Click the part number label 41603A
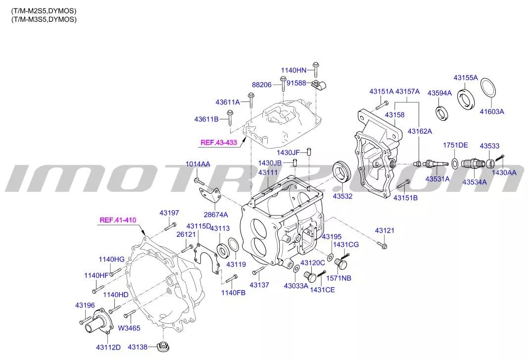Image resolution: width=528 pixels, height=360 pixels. [491, 112]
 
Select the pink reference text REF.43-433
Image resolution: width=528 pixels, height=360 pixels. [219, 143]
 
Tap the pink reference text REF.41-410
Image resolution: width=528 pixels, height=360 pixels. [118, 220]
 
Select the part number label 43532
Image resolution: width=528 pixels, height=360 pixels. [342, 197]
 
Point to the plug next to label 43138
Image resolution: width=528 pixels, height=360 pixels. [161, 347]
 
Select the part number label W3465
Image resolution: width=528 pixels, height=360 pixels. [129, 327]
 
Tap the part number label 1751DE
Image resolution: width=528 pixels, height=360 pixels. [455, 145]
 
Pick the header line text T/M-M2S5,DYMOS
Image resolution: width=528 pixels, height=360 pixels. [44, 10]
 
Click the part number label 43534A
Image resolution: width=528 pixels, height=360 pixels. [474, 182]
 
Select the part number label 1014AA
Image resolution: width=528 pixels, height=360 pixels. [198, 164]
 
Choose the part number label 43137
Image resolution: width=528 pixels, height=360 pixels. [259, 285]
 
